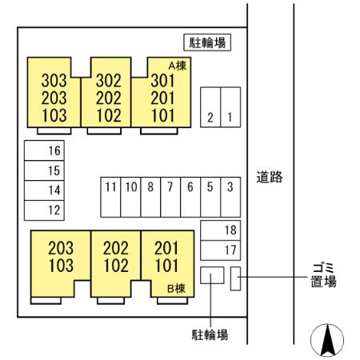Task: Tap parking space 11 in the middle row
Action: coord(110,196)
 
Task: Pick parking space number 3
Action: coord(230,196)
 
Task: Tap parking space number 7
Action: coord(170,196)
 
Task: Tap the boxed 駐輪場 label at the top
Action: coord(207,43)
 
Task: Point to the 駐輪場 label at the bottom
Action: coord(210,333)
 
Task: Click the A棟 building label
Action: coord(177,66)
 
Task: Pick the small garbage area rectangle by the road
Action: coord(235,279)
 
